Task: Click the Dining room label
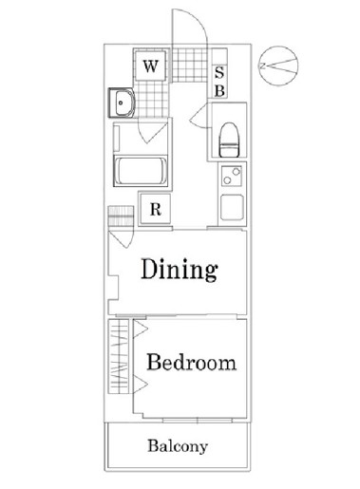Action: pos(180,270)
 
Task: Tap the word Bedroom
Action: pos(192,362)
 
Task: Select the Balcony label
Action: pos(178,446)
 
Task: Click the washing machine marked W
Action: pos(150,66)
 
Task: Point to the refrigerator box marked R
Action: pos(155,209)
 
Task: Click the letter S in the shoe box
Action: pos(219,72)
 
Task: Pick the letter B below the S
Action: pos(219,91)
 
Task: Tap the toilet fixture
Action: pos(229,140)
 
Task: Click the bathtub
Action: pos(141,170)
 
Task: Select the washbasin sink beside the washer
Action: pos(122,103)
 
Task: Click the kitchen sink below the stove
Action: pos(232,207)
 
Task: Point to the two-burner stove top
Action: pos(232,176)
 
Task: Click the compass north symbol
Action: pos(278,66)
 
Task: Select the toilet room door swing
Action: pos(199,116)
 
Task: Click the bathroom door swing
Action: pos(152,132)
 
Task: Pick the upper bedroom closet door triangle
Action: pos(141,329)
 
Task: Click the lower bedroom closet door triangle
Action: pos(141,385)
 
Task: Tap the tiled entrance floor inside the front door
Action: pos(189,65)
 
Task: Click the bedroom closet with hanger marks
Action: pos(119,356)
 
